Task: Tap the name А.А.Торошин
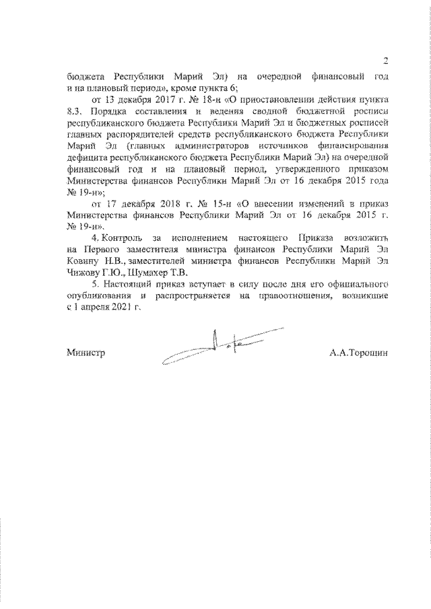point(360,352)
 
